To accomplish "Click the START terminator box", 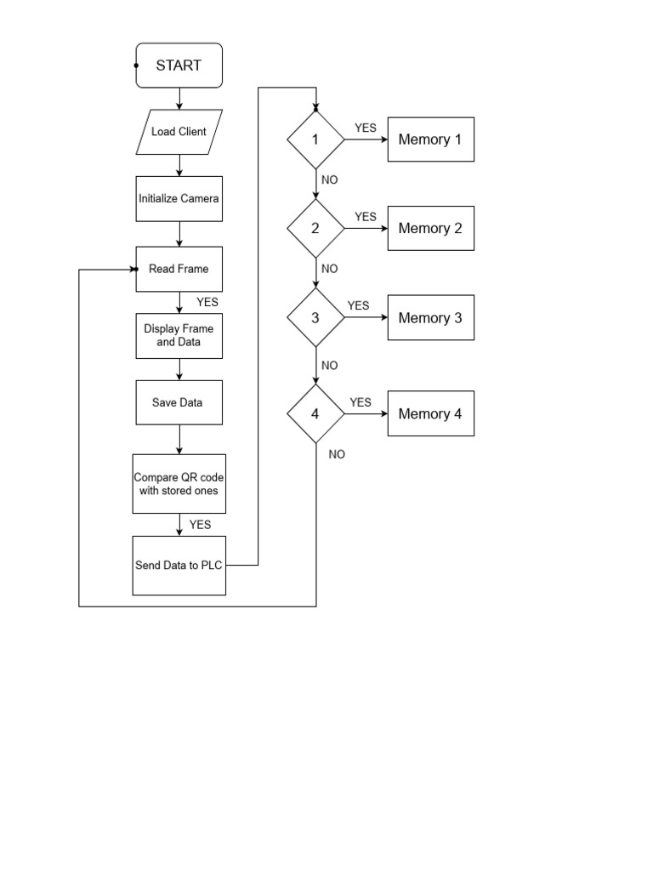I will coord(179,65).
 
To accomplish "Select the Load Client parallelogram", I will coord(179,132).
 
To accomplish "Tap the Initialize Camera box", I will coord(179,198).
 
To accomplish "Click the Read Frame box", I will coord(179,269).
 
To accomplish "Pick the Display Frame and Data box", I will coord(179,335).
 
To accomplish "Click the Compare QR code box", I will coord(179,483).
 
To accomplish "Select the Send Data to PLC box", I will coord(179,566).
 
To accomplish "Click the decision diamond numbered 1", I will coord(315,139).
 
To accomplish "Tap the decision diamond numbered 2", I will coord(315,228).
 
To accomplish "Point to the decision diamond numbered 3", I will coord(315,318).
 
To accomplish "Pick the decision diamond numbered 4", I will coord(315,414).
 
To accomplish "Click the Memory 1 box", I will coord(430,139).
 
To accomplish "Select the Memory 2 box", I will coord(430,228).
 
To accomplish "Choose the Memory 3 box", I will coord(430,318).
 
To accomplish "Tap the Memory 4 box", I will coord(430,414).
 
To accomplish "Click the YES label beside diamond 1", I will coord(366,128).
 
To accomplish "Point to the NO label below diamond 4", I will coord(337,454).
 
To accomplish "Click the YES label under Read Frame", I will coord(207,302).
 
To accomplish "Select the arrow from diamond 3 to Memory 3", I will coord(366,318).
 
